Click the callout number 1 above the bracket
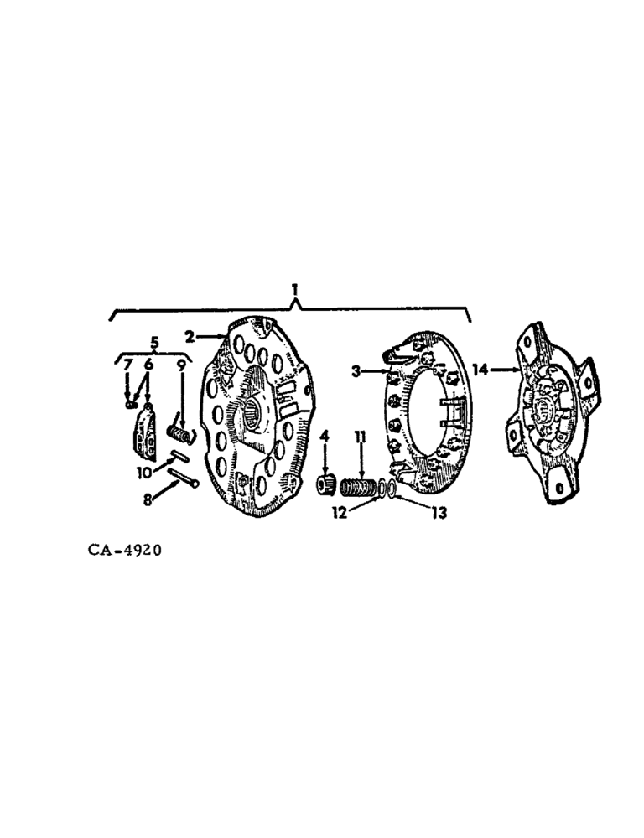tap(294, 289)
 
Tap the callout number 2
tap(190, 337)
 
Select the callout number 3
tap(356, 370)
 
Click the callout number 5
tap(153, 342)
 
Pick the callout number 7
tap(128, 365)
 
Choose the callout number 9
tap(181, 365)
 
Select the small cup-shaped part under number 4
tap(324, 484)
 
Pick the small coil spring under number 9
tap(179, 432)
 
